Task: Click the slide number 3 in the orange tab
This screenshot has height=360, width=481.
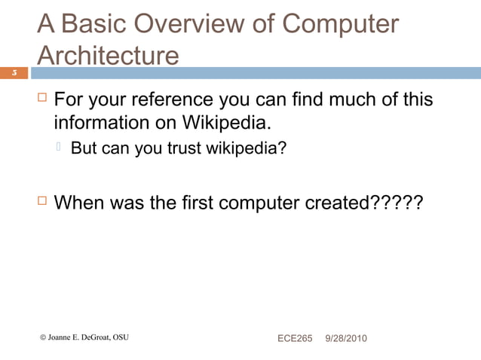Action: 14,73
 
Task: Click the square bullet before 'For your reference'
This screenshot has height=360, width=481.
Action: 43,99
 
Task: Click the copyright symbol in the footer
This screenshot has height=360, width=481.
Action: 43,337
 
